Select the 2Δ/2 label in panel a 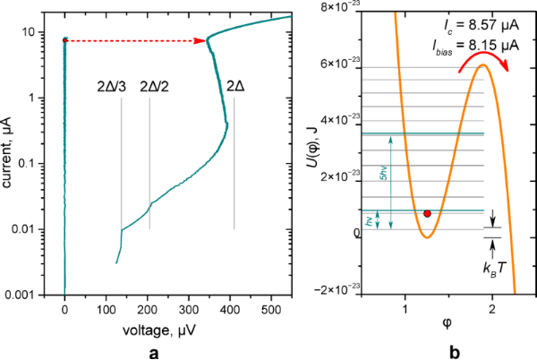point(155,88)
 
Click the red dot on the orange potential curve point(428,213)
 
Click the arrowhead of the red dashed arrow point(201,40)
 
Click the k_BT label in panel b point(493,269)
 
